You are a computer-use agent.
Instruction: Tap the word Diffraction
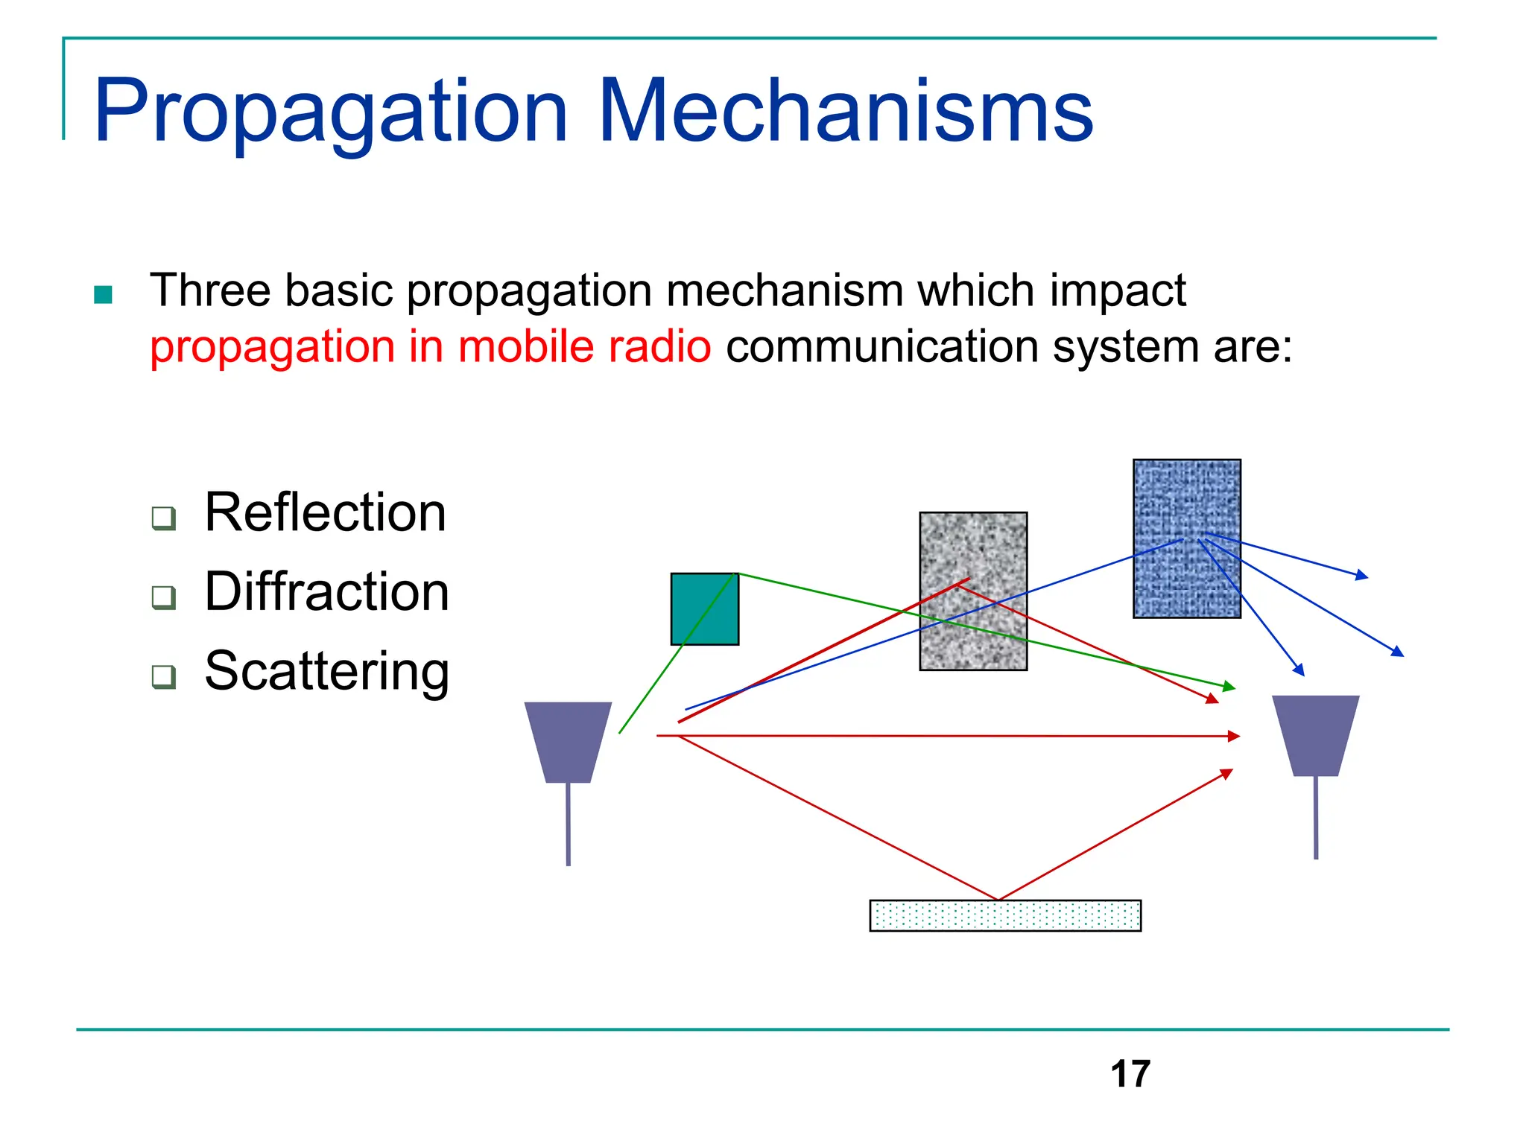326,591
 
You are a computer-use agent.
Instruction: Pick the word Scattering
326,670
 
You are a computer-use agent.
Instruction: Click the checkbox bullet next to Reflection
163,518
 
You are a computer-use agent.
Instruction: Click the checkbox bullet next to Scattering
163,676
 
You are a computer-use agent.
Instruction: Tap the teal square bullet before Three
104,295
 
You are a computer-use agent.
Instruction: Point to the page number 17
1130,1074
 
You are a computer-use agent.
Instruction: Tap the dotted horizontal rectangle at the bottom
1005,915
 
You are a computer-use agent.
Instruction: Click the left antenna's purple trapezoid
568,741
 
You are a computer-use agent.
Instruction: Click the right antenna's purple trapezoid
1316,735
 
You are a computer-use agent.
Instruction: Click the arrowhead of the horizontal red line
1234,736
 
